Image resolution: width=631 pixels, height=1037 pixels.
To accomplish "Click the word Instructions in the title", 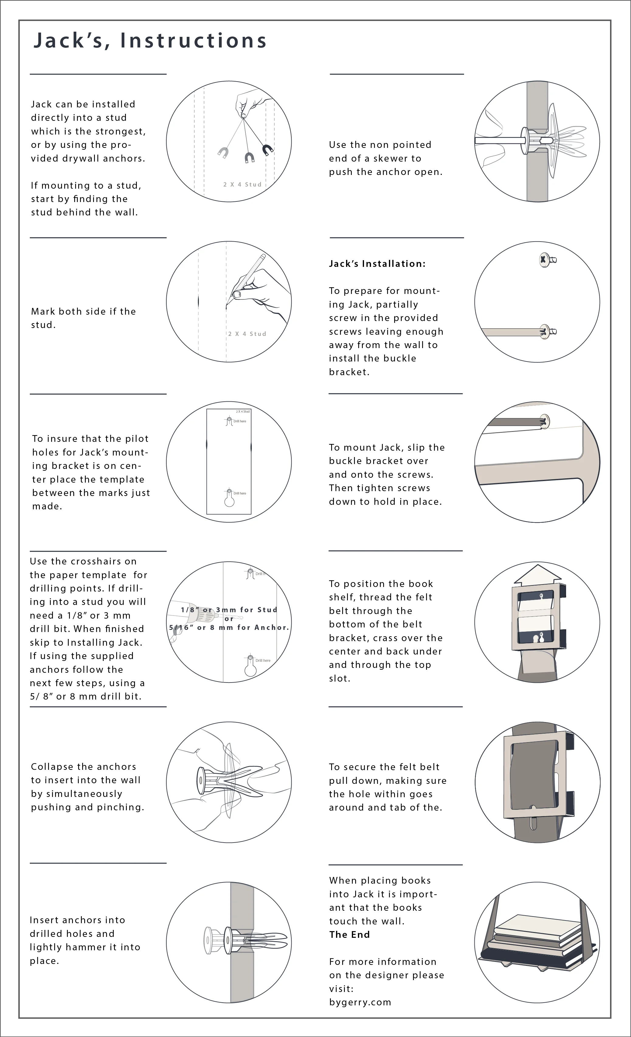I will coord(193,41).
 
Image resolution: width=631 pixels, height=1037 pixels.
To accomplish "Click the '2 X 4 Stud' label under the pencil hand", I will coord(247,334).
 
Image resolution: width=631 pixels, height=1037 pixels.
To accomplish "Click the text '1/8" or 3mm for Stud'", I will coord(229,609).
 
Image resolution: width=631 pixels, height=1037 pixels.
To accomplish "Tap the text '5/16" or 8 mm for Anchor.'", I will coord(229,627).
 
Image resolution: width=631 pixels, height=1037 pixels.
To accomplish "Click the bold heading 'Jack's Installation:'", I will coord(377,264).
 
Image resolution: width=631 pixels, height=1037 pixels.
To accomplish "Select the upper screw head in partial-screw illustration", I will coord(544,260).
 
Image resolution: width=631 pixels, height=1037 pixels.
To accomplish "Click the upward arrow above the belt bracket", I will coord(538,575).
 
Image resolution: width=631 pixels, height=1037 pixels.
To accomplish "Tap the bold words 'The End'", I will coord(349,935).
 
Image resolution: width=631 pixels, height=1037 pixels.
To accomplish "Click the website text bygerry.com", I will coord(360,1002).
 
